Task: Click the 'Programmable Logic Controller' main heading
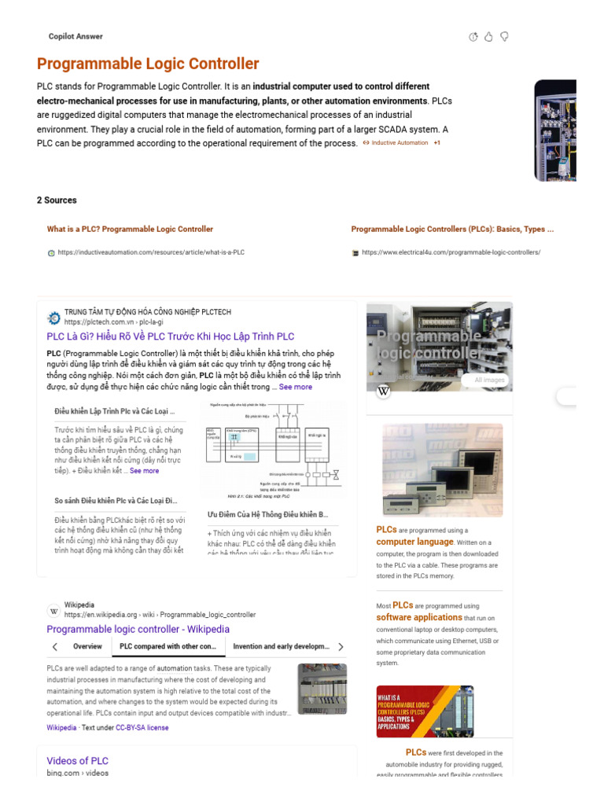tap(148, 64)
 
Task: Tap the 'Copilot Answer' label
tap(75, 36)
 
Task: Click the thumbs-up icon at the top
tap(488, 37)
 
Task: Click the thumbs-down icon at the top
tap(504, 37)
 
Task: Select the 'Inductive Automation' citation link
tap(400, 143)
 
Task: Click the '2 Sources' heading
tap(57, 200)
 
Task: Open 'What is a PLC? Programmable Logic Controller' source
tap(130, 230)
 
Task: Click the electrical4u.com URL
tap(451, 252)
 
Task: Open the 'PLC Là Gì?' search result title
tap(170, 336)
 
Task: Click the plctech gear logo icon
tap(53, 318)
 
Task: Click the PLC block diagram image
tap(272, 450)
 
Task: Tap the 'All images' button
tap(488, 380)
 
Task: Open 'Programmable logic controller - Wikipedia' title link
tap(138, 629)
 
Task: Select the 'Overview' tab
tap(87, 646)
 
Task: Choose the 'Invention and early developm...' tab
tap(281, 646)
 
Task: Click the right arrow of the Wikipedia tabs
tap(341, 647)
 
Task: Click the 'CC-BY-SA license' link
tap(142, 728)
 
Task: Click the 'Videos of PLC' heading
tap(77, 760)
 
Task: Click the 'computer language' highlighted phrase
tap(414, 542)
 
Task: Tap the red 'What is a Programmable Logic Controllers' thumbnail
tap(425, 711)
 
